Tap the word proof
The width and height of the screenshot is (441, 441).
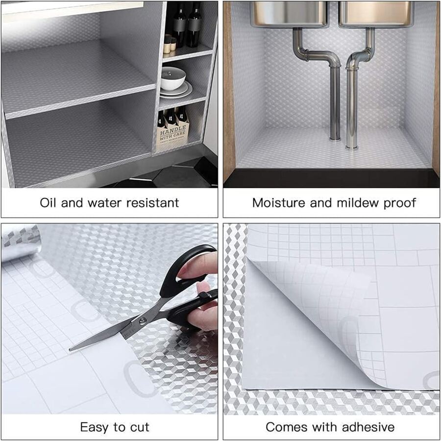point(400,202)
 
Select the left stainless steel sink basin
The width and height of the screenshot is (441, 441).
point(289,14)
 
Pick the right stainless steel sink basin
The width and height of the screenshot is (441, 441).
point(376,14)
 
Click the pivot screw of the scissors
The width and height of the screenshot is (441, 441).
point(143,321)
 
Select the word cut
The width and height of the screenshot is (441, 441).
point(140,427)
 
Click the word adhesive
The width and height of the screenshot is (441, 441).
point(369,427)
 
